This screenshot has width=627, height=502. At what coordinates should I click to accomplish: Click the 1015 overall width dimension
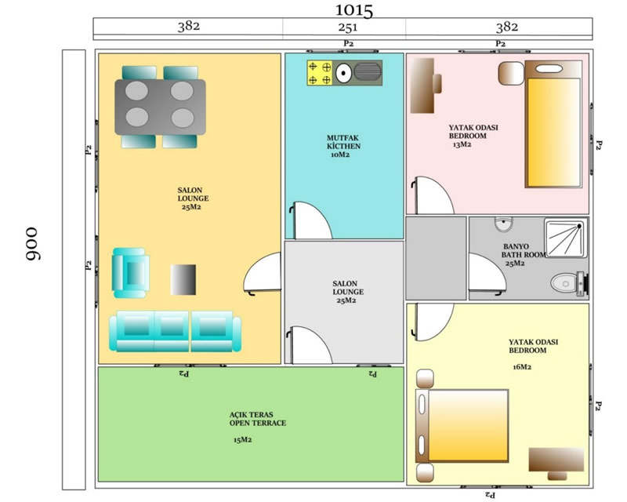[x=354, y=10]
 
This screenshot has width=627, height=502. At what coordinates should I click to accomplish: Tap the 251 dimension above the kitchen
[x=347, y=27]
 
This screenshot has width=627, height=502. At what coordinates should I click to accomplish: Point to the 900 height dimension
[x=31, y=244]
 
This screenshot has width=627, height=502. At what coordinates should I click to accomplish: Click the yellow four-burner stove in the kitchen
[x=320, y=73]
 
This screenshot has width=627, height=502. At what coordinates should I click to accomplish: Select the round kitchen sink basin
[x=343, y=73]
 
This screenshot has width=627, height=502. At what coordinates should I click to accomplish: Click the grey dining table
[x=160, y=107]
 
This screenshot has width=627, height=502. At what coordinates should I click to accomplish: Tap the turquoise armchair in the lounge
[x=130, y=273]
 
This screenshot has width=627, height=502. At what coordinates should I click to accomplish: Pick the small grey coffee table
[x=183, y=279]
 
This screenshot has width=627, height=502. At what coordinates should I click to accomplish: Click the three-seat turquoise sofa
[x=175, y=332]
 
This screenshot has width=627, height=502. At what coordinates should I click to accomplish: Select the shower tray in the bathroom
[x=566, y=238]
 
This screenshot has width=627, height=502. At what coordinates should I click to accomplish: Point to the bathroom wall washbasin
[x=503, y=224]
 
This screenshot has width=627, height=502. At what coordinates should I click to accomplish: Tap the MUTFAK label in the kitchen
[x=342, y=138]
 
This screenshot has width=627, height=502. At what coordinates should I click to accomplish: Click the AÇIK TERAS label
[x=251, y=415]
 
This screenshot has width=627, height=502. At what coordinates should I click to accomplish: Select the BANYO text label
[x=516, y=246]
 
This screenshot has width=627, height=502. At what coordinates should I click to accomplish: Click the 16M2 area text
[x=522, y=367]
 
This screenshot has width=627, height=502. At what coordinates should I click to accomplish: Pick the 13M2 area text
[x=462, y=144]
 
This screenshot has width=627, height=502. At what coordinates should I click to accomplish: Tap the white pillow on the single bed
[x=549, y=69]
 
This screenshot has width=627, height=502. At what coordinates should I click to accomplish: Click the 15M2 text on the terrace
[x=242, y=440]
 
